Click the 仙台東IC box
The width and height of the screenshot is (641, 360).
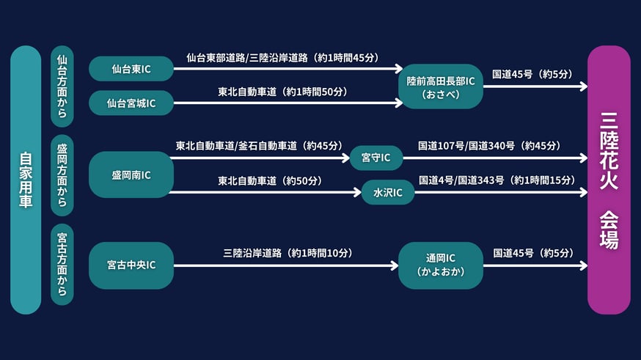point(131,69)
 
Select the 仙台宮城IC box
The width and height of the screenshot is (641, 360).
point(131,103)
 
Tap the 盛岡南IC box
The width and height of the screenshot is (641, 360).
point(131,175)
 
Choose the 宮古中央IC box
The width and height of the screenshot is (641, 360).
point(131,265)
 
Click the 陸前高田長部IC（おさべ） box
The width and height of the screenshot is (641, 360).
point(441,87)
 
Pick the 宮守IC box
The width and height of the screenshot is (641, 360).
point(376,158)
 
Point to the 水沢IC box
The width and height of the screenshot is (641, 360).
point(388,192)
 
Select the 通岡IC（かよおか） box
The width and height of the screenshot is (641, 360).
point(441,265)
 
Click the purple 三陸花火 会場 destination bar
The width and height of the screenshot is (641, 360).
point(609,180)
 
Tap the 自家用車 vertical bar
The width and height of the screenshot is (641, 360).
point(26,180)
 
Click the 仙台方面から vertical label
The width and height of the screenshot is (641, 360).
point(62,87)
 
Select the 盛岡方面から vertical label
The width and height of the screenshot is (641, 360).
point(62,175)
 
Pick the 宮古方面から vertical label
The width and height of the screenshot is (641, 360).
point(62,265)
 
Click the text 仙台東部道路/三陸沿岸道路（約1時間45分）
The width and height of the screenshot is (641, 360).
point(282,58)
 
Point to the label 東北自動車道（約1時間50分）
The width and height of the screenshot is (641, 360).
point(282,92)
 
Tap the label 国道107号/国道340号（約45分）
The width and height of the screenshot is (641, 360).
point(489,146)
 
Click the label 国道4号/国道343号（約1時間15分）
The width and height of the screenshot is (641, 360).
point(497,180)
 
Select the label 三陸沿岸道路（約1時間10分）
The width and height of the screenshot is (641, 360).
point(287,254)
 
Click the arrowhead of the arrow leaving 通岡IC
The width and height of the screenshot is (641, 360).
point(584,265)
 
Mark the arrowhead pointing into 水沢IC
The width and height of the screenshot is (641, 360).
point(358,192)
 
